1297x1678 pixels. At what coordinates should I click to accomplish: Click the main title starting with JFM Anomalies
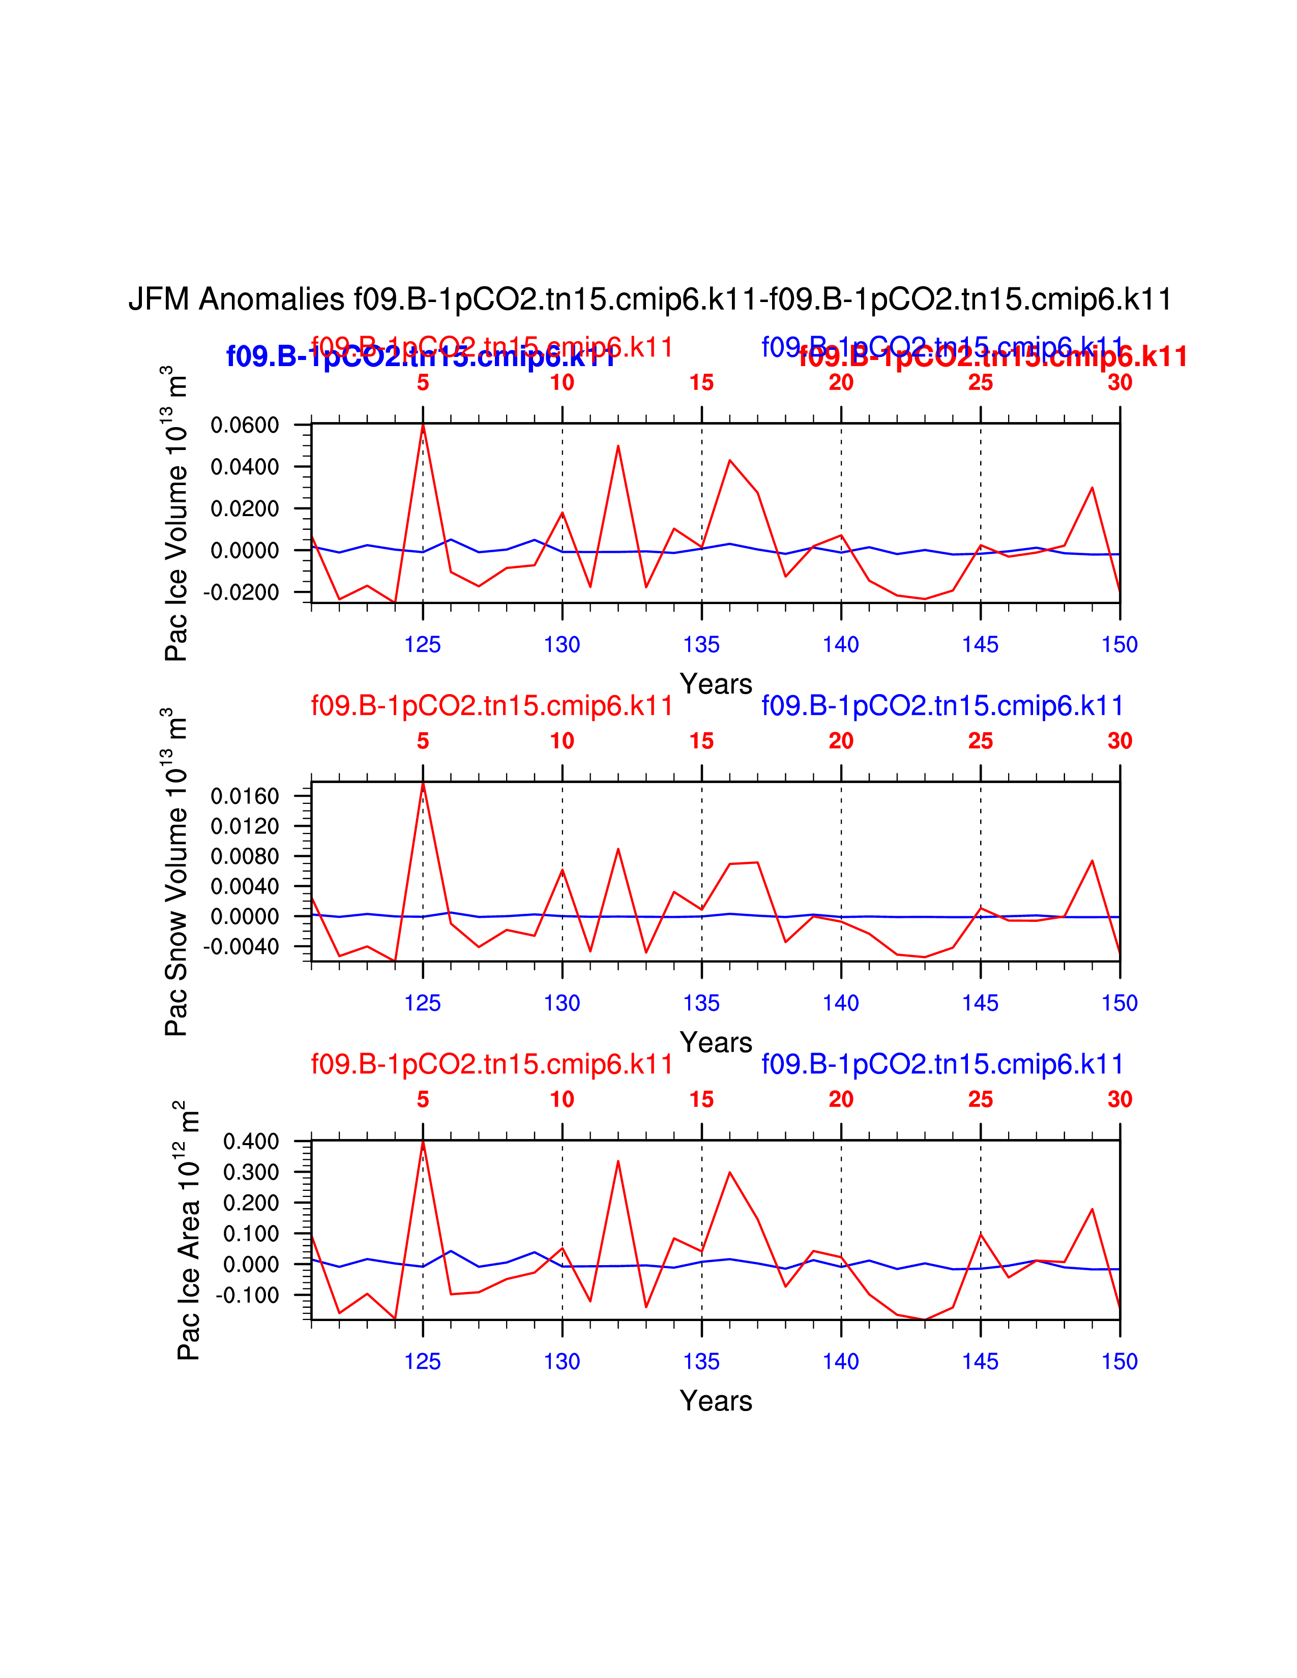650,299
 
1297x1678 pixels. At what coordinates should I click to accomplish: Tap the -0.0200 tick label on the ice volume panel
241,592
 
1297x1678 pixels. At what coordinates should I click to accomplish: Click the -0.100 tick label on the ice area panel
247,1296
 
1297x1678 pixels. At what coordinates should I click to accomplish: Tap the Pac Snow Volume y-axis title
176,872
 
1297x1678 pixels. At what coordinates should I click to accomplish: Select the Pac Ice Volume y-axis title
176,513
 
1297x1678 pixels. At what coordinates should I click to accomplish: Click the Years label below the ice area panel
715,1401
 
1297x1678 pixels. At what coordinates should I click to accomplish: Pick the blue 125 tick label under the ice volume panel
423,645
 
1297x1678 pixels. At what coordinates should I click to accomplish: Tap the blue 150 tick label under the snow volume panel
1119,1003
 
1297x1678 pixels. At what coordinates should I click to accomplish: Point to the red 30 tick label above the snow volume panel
1119,741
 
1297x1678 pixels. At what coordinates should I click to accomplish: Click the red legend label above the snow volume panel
492,705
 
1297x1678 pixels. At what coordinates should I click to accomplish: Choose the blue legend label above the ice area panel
942,1064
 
